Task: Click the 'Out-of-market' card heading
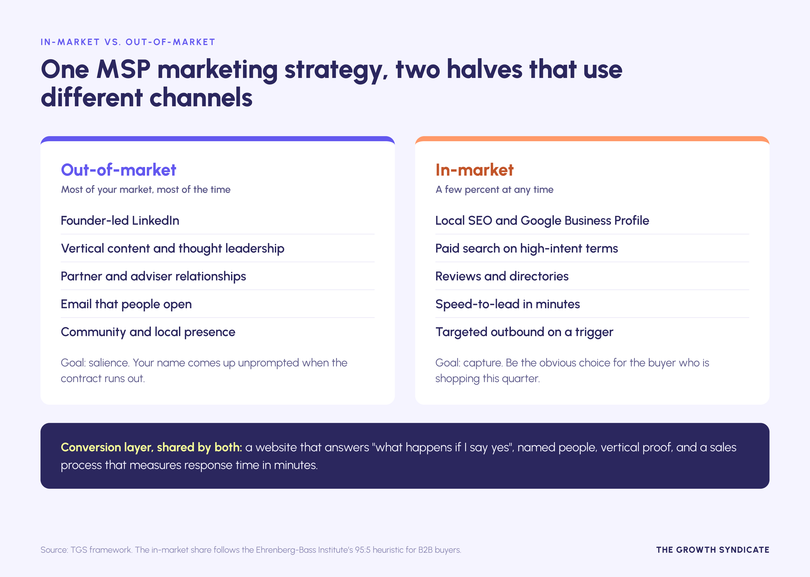119,170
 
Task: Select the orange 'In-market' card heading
474,170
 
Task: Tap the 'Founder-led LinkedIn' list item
120,221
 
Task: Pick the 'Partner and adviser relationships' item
153,276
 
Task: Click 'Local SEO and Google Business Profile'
542,221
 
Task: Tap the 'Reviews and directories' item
502,276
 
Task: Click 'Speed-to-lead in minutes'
508,304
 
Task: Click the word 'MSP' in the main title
124,69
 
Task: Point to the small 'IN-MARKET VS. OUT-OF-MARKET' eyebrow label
128,42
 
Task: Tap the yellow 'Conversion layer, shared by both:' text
151,447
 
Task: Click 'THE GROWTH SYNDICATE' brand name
713,550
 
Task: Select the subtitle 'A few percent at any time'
495,190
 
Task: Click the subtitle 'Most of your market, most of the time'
146,190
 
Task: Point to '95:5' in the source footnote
363,550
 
